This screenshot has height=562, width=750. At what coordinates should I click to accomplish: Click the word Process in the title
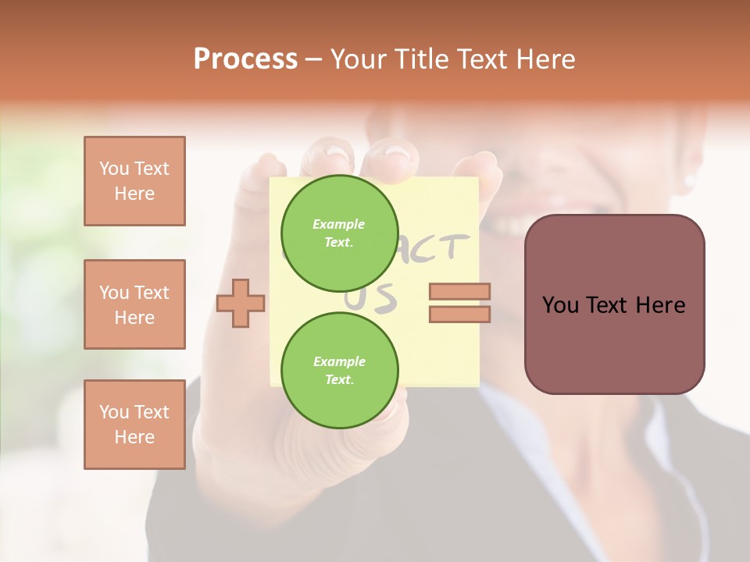coord(245,59)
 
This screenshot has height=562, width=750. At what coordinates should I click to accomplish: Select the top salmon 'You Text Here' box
coord(134,181)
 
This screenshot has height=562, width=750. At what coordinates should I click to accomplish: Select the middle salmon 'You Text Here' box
coord(134,304)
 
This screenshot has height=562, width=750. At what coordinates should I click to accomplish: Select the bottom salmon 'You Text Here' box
coord(134,425)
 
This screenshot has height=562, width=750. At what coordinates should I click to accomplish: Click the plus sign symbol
coord(241,303)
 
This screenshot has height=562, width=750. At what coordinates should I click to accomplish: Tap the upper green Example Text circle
coord(339,233)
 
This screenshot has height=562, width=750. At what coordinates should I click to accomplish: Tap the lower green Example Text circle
coord(339,370)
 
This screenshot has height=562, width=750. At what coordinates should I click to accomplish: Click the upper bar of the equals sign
coord(459,292)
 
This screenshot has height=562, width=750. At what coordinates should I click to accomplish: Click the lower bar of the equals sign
coord(459,314)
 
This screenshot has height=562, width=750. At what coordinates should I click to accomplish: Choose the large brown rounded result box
coord(614,304)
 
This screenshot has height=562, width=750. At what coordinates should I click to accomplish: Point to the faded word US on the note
coord(375,299)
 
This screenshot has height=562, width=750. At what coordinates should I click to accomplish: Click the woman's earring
coord(689,181)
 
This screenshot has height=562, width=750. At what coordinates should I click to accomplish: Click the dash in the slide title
coord(313,60)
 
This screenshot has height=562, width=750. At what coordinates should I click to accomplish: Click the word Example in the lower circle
coord(339,361)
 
